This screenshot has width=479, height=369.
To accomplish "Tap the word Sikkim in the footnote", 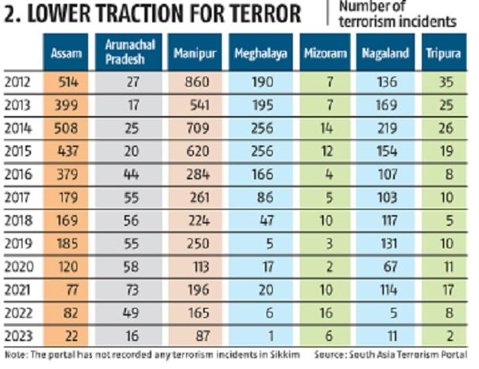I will (293, 354).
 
